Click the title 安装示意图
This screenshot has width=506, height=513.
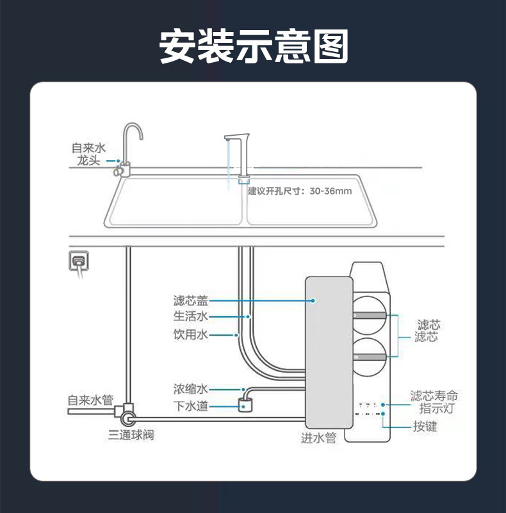coord(253,45)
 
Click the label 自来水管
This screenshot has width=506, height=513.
coord(90,400)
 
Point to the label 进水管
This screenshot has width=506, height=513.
coord(318,438)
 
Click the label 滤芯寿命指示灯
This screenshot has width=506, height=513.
coord(434,402)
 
